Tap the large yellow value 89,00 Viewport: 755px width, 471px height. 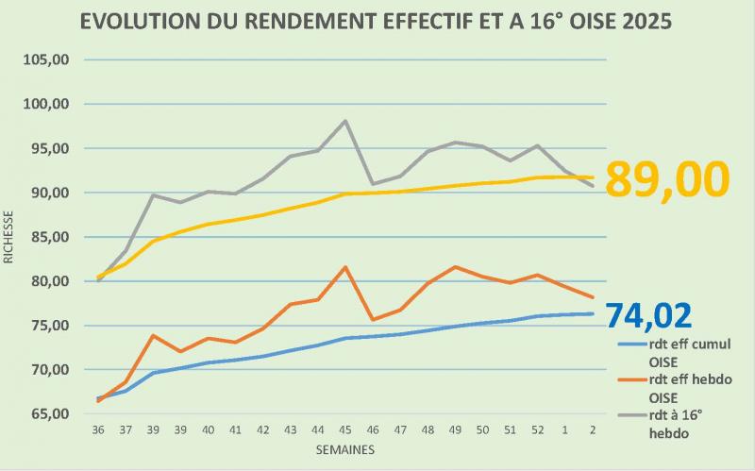click(x=667, y=179)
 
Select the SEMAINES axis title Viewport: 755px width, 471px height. click(x=344, y=449)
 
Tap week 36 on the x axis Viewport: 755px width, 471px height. click(x=99, y=429)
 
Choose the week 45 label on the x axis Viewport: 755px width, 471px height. click(x=345, y=429)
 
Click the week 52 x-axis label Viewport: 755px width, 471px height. click(x=537, y=429)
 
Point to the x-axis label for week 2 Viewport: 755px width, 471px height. click(x=592, y=429)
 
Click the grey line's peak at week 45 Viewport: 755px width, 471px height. click(x=345, y=121)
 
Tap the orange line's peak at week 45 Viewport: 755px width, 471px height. click(x=345, y=267)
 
